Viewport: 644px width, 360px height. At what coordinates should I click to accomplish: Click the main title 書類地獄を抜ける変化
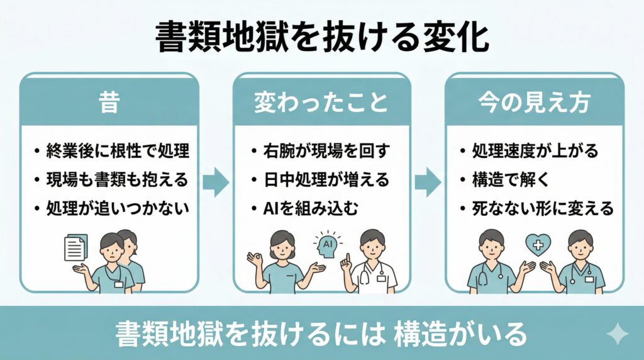coord(321,38)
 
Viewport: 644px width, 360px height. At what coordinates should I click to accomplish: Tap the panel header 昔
coord(109,103)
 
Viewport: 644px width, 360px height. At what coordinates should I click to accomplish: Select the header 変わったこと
coord(321,103)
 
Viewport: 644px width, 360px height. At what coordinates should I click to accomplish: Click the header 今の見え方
coord(535,103)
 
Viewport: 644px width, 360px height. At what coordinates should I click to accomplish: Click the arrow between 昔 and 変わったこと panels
coord(216,182)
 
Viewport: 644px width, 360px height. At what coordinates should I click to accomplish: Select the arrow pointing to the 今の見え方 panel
coord(428,182)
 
